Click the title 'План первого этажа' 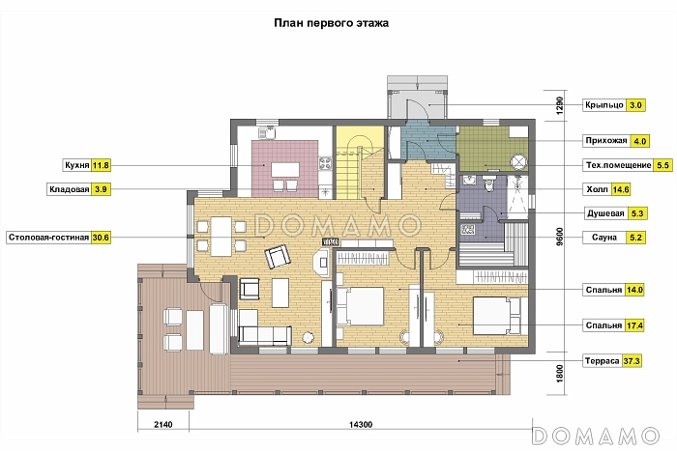(x=331, y=23)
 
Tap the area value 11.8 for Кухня (x=101, y=165)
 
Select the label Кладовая (x=69, y=189)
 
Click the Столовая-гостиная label (x=48, y=238)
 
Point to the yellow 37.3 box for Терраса (x=632, y=361)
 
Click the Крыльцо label (x=604, y=105)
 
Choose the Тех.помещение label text (x=618, y=165)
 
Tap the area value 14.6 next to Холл (x=621, y=189)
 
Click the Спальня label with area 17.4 (x=603, y=325)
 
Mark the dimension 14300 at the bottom (x=361, y=424)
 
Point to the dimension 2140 (x=163, y=424)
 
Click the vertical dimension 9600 (x=560, y=237)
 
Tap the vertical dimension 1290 (x=560, y=105)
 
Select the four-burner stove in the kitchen (x=325, y=163)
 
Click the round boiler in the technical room (x=518, y=162)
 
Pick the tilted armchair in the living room (x=278, y=256)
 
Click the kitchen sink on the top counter (x=267, y=132)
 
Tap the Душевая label (x=605, y=213)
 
